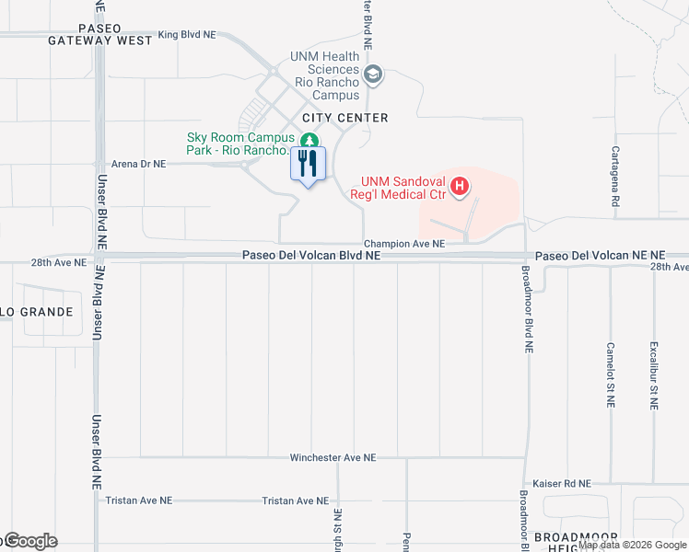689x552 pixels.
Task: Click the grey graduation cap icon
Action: [x=373, y=74]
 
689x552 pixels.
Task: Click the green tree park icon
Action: [x=309, y=140]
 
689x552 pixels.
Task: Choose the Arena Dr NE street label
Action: [x=138, y=164]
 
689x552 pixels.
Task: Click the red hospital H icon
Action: [x=460, y=189]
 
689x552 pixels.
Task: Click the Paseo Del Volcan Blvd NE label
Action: [x=311, y=255]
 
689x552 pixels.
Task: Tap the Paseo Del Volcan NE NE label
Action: [x=600, y=255]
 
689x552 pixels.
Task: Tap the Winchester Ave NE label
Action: [x=333, y=457]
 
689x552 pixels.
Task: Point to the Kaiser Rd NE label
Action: [x=561, y=483]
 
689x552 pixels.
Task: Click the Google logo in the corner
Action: [x=29, y=541]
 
